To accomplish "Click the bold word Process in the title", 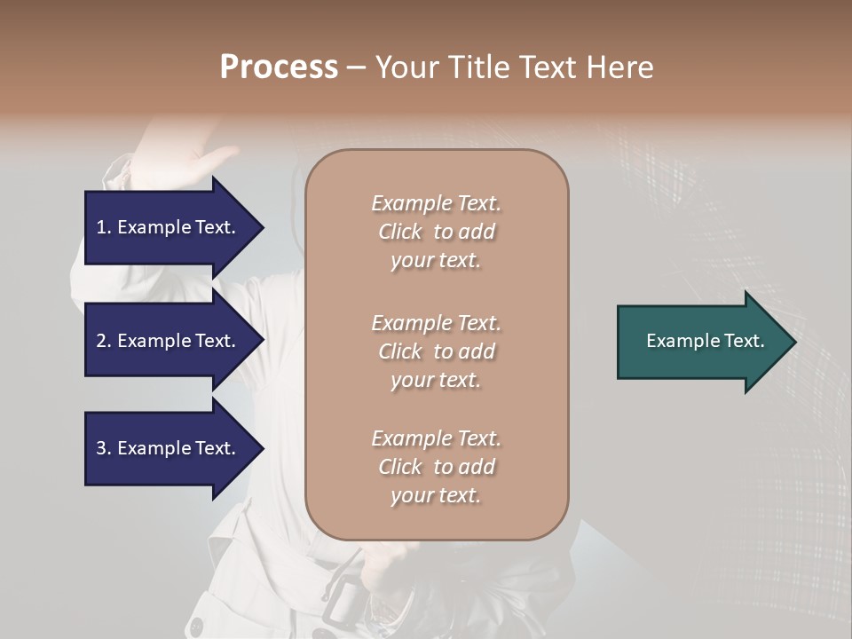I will pyautogui.click(x=279, y=67).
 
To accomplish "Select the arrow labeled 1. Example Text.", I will pyautogui.click(x=169, y=227).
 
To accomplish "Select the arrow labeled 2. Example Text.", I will pyautogui.click(x=169, y=341).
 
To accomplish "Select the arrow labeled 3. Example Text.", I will pyautogui.click(x=169, y=448).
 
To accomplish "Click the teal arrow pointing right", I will pyautogui.click(x=701, y=342).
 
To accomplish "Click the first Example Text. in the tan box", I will pyautogui.click(x=436, y=203).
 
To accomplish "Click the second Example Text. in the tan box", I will pyautogui.click(x=436, y=322).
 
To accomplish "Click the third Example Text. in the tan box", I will pyautogui.click(x=436, y=438).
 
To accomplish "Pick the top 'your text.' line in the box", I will pyautogui.click(x=436, y=261).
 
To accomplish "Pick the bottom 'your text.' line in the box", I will pyautogui.click(x=436, y=496).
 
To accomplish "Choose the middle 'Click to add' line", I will pyautogui.click(x=436, y=351).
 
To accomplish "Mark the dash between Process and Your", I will pyautogui.click(x=357, y=67).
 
